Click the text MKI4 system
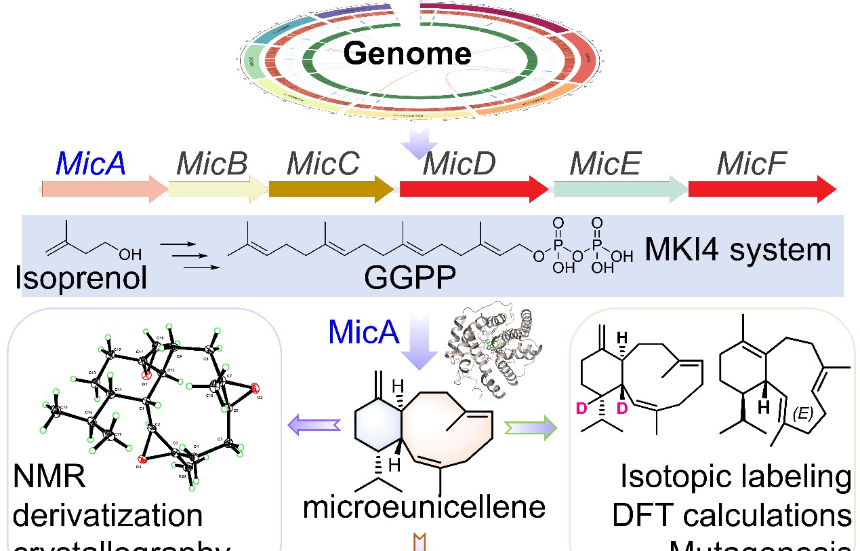(737, 250)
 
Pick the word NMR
(49, 479)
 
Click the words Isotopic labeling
(736, 478)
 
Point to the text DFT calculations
(732, 515)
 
